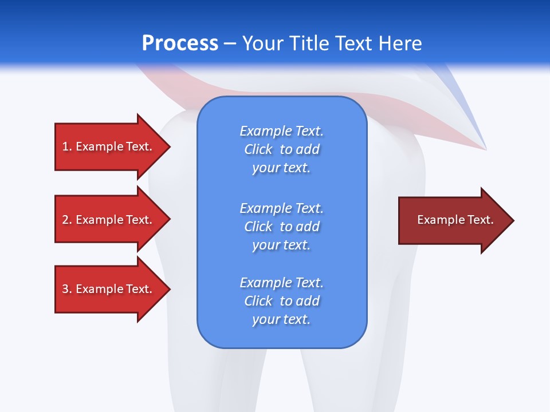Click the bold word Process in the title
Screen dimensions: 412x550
pos(180,43)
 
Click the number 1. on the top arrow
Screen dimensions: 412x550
pos(67,146)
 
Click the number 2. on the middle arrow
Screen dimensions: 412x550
pos(67,220)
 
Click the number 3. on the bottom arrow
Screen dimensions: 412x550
pos(67,289)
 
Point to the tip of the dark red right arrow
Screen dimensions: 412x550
pos(512,220)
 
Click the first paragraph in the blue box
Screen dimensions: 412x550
pos(281,149)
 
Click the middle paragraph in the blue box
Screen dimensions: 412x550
pos(281,226)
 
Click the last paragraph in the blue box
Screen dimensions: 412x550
pos(281,300)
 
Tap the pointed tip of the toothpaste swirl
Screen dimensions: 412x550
pos(485,149)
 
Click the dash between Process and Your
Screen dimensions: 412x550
pos(230,43)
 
